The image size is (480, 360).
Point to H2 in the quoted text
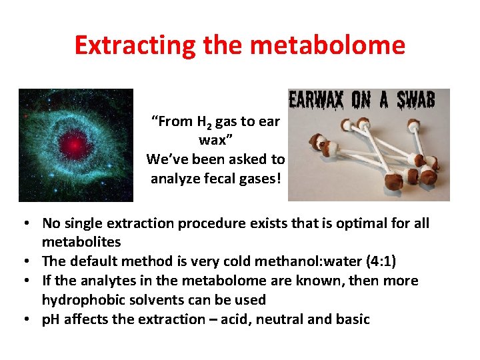pos(208,122)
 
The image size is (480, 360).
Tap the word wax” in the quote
pos(215,141)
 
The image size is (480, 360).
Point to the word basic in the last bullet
pos(353,319)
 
